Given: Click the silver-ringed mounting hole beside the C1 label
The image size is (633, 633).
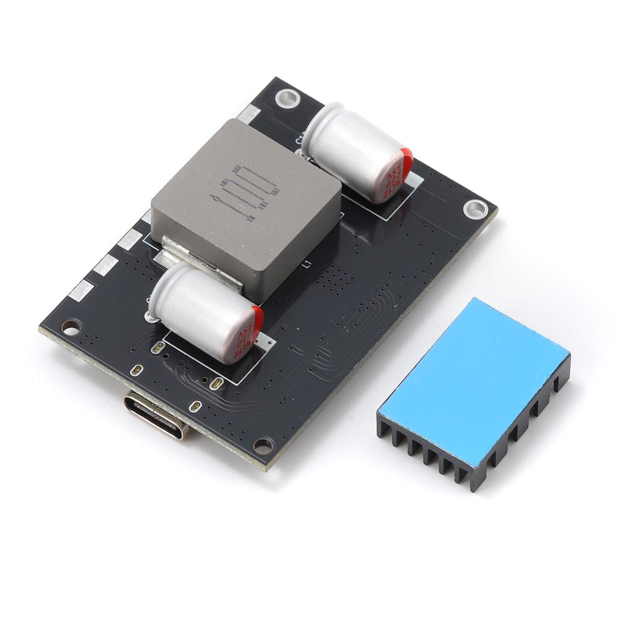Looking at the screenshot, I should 287,97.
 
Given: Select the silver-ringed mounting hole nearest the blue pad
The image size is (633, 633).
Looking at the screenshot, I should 475,209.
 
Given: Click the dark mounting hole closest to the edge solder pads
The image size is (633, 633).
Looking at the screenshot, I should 72,326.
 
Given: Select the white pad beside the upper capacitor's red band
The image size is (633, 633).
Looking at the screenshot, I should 414,181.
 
